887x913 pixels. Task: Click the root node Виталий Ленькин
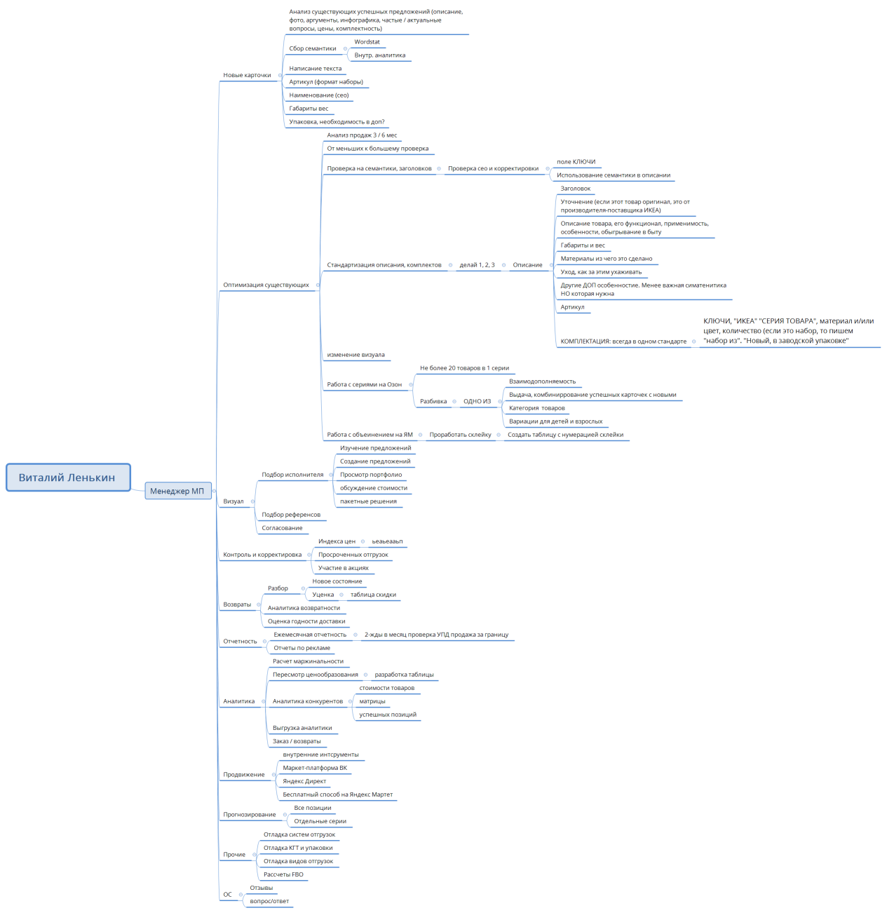point(67,478)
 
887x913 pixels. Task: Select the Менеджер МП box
point(177,491)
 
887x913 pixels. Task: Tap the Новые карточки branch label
point(247,75)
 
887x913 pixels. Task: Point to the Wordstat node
point(367,42)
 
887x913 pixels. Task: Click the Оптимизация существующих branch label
point(266,285)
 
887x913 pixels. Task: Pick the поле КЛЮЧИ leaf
point(576,162)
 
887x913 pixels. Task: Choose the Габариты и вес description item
point(582,245)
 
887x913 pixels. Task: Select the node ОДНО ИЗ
point(477,401)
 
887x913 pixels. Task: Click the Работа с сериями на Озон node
point(364,384)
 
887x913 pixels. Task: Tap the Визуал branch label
point(233,501)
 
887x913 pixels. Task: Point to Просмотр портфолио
point(371,475)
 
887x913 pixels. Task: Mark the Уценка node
point(323,595)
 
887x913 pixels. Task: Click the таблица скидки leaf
point(373,595)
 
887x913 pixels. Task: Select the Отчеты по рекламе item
point(302,648)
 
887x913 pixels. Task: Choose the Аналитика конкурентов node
point(308,701)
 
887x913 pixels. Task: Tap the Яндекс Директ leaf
point(304,781)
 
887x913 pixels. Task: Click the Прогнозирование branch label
point(250,815)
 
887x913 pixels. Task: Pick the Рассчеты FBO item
point(283,874)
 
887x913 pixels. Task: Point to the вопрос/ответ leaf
point(269,901)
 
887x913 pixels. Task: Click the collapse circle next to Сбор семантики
point(345,48)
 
